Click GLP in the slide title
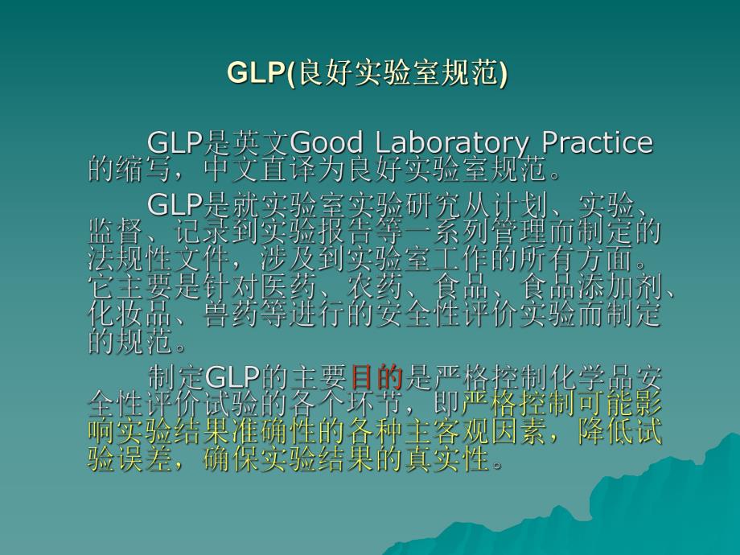[x=256, y=72]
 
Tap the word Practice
[x=597, y=143]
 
